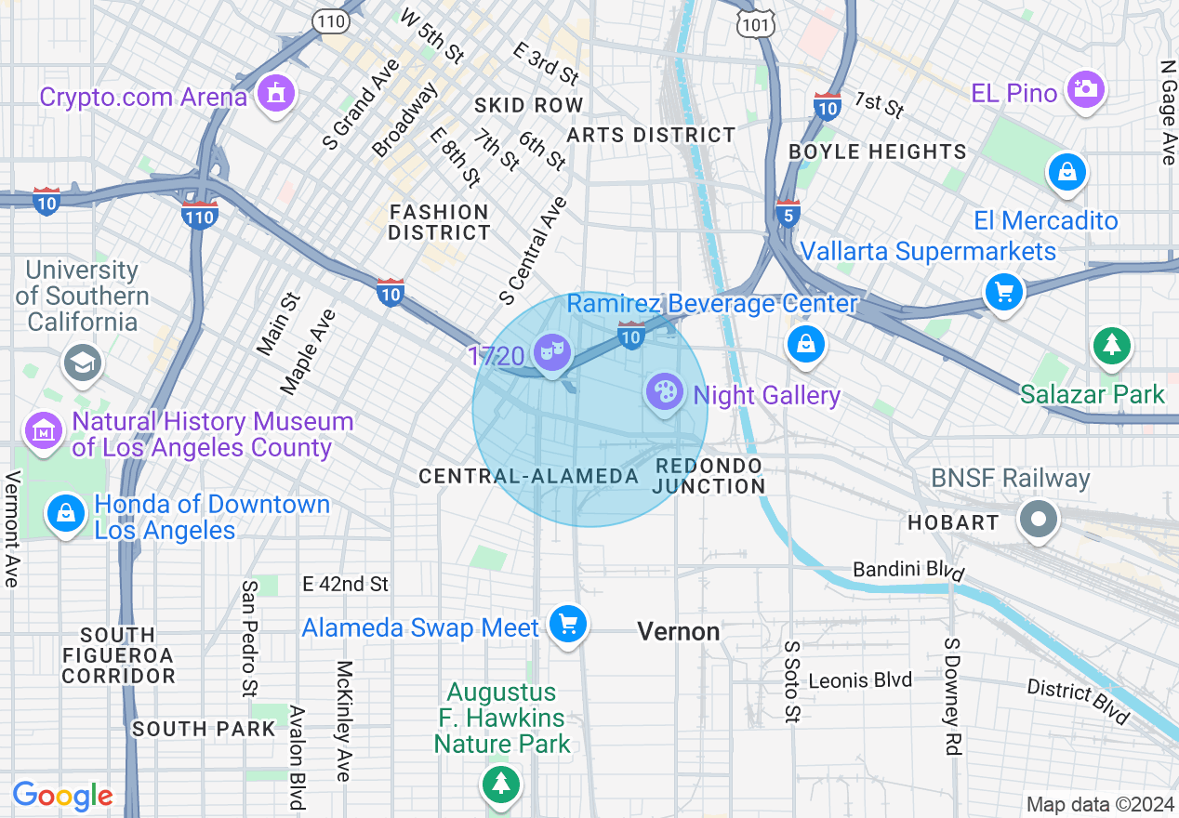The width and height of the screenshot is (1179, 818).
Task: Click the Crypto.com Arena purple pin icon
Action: (x=276, y=94)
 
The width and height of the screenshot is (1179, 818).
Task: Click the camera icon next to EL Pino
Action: (x=1085, y=90)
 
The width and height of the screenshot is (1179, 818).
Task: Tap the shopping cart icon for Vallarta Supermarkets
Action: (x=1004, y=293)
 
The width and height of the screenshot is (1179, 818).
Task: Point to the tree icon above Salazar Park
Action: (x=1111, y=346)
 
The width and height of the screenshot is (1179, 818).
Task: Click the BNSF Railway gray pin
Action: (x=1039, y=519)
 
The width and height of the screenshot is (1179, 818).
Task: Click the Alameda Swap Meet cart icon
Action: (x=567, y=625)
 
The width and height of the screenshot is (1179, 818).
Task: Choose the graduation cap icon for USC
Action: (x=82, y=363)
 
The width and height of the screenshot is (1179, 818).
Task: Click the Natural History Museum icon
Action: (x=44, y=432)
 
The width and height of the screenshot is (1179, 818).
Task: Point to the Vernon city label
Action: (x=679, y=632)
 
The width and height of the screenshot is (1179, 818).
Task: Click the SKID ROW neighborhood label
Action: (x=528, y=105)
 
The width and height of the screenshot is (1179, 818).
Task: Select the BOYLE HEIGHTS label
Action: (x=878, y=152)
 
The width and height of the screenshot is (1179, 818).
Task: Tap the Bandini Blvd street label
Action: (x=908, y=569)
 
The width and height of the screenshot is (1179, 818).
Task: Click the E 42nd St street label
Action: (x=345, y=584)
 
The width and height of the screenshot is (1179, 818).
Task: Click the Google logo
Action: (x=62, y=797)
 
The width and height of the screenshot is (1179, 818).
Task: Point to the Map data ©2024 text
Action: (x=1098, y=804)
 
